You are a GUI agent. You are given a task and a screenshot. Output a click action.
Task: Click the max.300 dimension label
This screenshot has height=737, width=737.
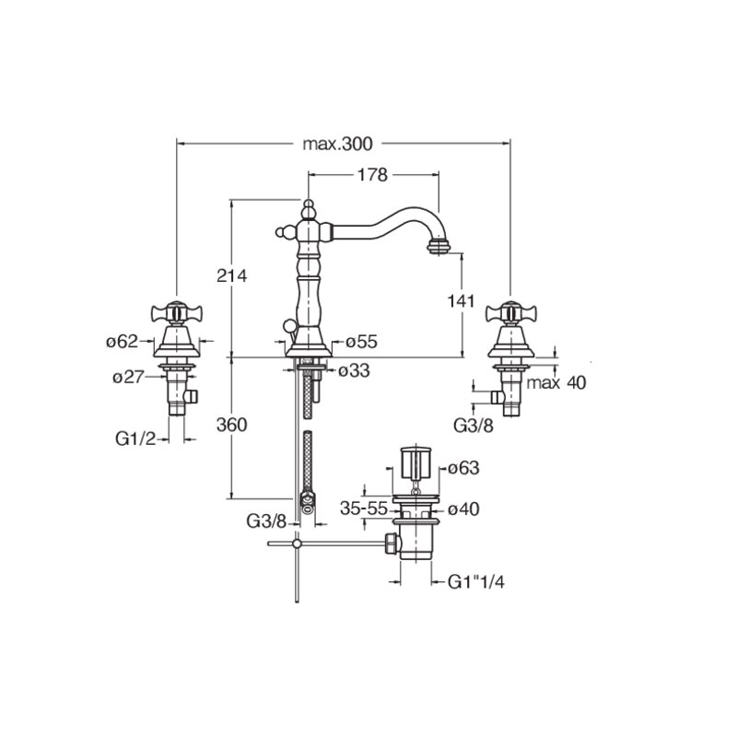(337, 144)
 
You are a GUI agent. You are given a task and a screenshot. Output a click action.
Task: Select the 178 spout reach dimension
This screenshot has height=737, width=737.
(372, 175)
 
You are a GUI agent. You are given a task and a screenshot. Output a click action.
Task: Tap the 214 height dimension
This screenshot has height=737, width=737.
(232, 275)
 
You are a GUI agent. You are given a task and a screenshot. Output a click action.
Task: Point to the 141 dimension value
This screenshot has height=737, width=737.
(462, 301)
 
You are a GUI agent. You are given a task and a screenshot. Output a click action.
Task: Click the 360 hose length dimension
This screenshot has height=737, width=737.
(232, 425)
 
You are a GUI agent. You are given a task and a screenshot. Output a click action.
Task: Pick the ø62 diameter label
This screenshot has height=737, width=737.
(123, 341)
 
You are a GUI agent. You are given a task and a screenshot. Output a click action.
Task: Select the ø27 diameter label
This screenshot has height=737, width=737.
(128, 377)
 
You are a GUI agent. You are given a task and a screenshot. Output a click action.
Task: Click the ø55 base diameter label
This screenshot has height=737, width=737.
(361, 342)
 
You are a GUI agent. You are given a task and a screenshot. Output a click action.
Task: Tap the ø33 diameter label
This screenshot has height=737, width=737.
(354, 371)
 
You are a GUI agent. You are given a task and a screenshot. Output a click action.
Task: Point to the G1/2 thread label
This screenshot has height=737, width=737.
(135, 439)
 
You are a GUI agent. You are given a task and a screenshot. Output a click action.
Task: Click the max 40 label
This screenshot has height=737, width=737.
(556, 382)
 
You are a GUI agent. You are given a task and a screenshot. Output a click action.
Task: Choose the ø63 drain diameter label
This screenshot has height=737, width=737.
(463, 468)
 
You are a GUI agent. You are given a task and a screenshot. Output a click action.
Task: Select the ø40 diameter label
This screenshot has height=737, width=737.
(463, 509)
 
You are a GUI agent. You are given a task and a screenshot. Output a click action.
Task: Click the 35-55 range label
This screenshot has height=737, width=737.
(364, 509)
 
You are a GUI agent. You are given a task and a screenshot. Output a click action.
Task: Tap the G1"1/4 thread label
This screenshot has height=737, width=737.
(476, 582)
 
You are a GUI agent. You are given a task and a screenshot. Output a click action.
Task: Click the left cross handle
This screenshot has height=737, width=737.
(177, 312)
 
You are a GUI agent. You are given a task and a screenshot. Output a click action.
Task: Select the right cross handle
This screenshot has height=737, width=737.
(511, 312)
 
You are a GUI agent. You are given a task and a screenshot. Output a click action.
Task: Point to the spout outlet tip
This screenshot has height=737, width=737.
(439, 246)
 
